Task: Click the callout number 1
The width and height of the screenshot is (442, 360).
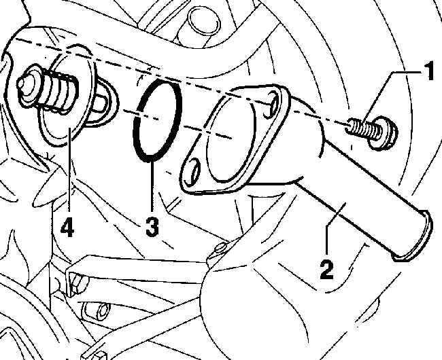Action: (429, 71)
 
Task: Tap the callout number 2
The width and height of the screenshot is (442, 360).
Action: (326, 270)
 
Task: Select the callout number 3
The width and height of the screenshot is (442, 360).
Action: (152, 227)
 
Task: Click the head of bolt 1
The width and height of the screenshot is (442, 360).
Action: (384, 135)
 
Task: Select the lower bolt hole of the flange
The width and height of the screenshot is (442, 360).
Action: (193, 170)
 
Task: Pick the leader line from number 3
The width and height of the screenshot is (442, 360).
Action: (152, 185)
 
